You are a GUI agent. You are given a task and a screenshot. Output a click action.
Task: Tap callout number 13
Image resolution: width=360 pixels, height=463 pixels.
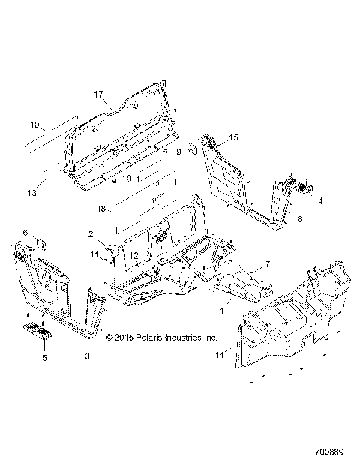31,193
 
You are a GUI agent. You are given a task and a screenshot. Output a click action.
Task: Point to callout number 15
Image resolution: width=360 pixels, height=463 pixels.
233,137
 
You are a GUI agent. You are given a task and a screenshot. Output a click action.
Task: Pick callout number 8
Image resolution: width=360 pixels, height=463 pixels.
300,219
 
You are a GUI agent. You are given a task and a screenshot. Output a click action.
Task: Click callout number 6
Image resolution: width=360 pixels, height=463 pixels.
24,232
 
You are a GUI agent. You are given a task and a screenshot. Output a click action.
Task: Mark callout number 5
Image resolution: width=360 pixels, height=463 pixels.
43,359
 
